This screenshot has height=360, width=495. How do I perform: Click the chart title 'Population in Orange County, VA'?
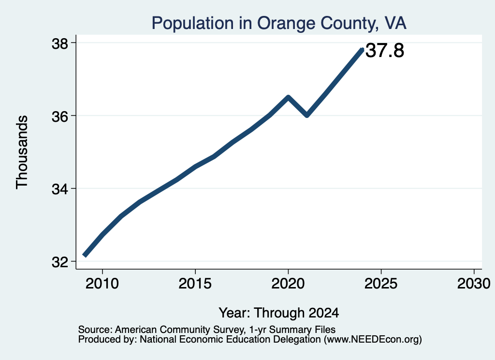click(279, 23)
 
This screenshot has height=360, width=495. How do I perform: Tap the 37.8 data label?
click(384, 50)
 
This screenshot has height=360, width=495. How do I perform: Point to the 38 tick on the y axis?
click(59, 43)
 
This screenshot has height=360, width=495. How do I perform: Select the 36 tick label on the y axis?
click(59, 116)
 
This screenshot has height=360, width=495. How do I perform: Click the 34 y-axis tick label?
click(59, 189)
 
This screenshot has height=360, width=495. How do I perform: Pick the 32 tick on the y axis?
click(59, 262)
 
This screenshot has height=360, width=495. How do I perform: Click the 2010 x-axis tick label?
click(102, 284)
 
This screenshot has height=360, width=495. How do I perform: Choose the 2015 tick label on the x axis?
click(195, 284)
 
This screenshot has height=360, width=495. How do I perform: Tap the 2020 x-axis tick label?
click(288, 284)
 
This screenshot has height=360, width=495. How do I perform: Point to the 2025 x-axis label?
click(381, 284)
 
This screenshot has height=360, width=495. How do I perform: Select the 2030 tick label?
click(474, 284)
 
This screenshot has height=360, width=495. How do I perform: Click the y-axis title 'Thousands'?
click(22, 152)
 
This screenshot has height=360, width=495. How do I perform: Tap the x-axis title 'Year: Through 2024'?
click(279, 313)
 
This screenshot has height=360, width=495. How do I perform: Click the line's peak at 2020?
click(288, 97)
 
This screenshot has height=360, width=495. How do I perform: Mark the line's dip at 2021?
click(307, 115)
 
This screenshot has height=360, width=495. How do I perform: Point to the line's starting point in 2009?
click(84, 255)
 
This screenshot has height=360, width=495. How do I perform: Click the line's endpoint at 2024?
click(362, 49)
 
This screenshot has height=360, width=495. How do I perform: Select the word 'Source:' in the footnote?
click(95, 330)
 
